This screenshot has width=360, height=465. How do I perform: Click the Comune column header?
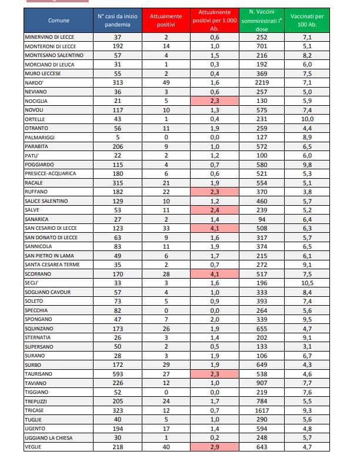coord(58,20)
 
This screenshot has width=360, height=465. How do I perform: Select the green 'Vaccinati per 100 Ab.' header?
coord(308,20)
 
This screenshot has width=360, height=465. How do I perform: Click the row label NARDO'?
coord(34,82)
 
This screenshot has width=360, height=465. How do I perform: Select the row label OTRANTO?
coord(36,128)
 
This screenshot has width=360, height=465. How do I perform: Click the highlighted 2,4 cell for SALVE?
coord(215,210)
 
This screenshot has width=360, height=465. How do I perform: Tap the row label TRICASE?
coord(35,410)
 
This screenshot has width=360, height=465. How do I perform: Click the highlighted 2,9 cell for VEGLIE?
coord(215,447)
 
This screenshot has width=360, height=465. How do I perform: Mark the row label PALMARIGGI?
coord(40,137)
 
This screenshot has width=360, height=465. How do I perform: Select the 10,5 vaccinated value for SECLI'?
coord(308,283)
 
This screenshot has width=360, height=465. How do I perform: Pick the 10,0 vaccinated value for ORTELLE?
coord(308,119)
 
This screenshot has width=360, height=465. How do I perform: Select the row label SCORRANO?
coord(38,274)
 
